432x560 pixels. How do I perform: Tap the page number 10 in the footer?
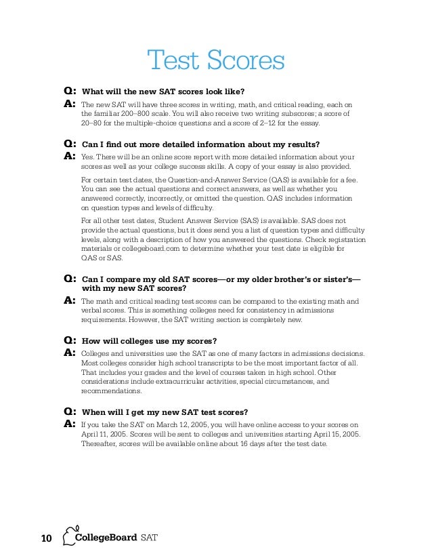pos(46,539)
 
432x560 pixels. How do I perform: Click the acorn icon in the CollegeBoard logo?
pos(68,536)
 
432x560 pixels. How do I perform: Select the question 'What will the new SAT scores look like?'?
pos(163,92)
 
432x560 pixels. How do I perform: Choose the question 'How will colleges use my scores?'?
pos(154,340)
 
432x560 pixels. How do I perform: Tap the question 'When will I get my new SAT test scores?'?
pos(165,412)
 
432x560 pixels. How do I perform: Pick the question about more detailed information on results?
pos(200,144)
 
